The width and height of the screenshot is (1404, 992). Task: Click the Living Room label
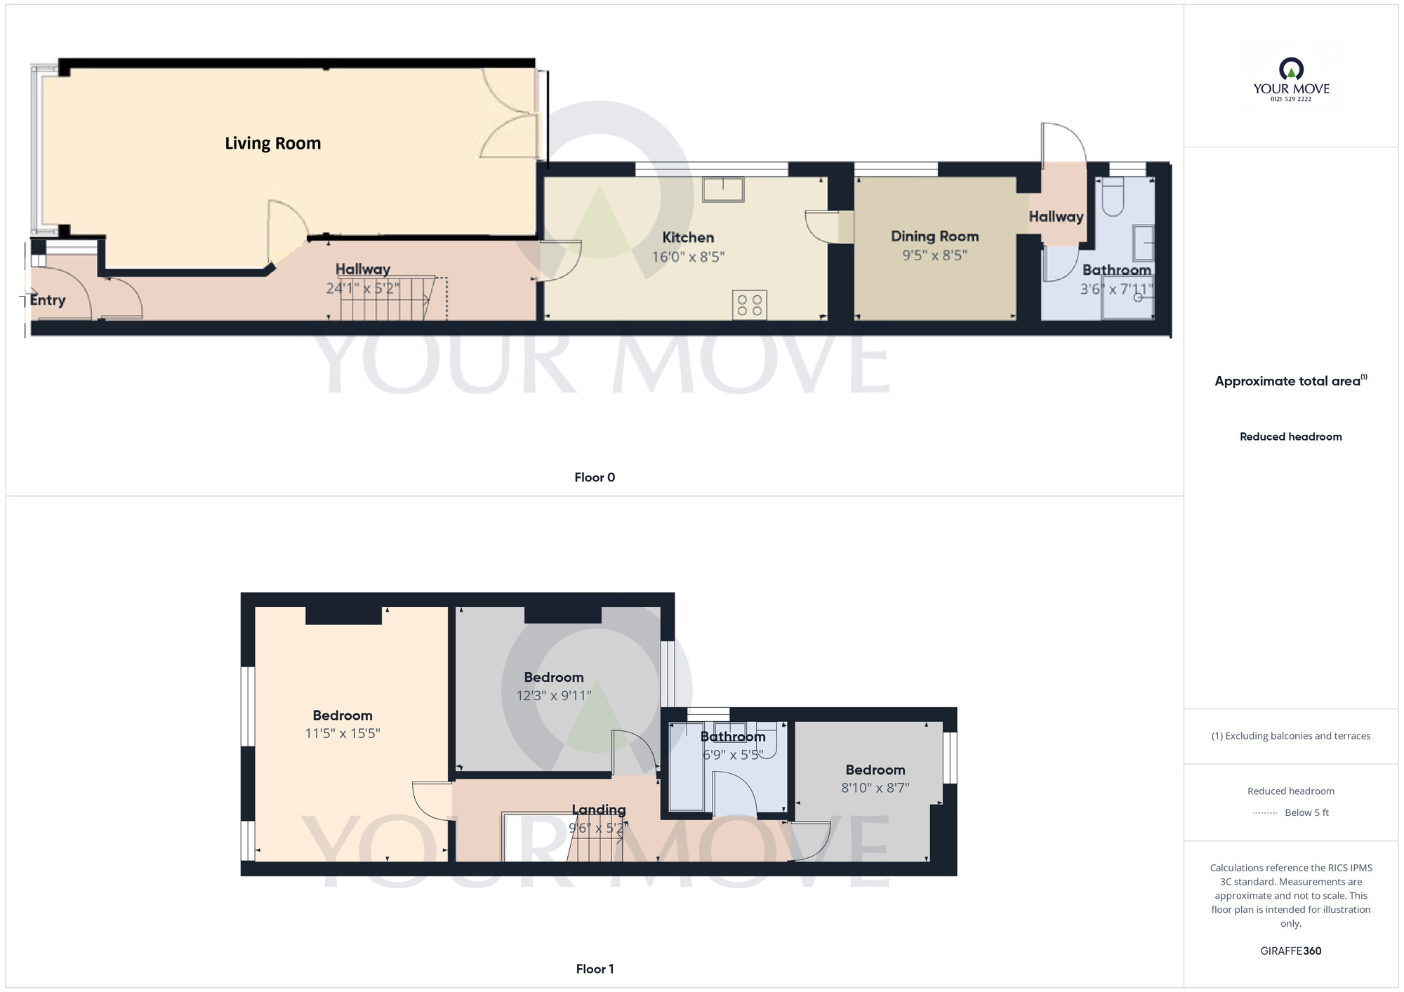[x=272, y=143]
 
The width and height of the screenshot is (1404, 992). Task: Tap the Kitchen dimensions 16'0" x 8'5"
[x=688, y=257]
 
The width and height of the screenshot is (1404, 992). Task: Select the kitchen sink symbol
[x=723, y=189]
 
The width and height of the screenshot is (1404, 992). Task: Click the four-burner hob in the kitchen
[x=749, y=305]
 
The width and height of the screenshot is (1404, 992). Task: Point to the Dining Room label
[x=934, y=236]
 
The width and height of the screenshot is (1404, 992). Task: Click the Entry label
[x=48, y=300]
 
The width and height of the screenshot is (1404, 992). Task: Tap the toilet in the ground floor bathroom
[x=1113, y=197]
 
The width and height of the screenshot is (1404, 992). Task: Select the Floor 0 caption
[x=595, y=478]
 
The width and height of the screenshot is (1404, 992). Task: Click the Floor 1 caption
[x=595, y=969]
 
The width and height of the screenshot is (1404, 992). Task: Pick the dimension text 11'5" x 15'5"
[x=343, y=734]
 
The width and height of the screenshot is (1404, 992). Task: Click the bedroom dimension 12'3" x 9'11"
[x=554, y=696]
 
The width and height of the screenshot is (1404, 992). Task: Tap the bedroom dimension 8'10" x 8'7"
[x=875, y=788]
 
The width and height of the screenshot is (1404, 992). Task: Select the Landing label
[x=598, y=810]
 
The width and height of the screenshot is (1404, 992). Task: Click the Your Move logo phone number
[x=1291, y=99]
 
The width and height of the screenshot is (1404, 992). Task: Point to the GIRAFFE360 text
[x=1291, y=951]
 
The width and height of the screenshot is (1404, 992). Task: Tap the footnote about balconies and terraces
[x=1291, y=736]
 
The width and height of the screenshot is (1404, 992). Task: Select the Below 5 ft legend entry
[x=1306, y=812]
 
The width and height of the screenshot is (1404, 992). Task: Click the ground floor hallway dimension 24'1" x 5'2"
[x=362, y=288]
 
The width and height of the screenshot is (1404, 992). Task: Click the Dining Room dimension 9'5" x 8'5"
[x=934, y=255]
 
